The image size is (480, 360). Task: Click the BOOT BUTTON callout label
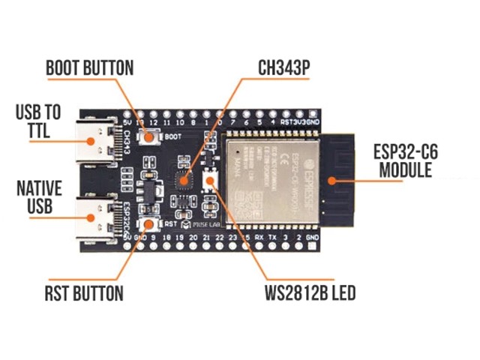(89, 67)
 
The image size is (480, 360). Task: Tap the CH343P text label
(283, 68)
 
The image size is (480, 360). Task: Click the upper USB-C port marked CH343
(97, 140)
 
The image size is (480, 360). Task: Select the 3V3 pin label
(301, 121)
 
